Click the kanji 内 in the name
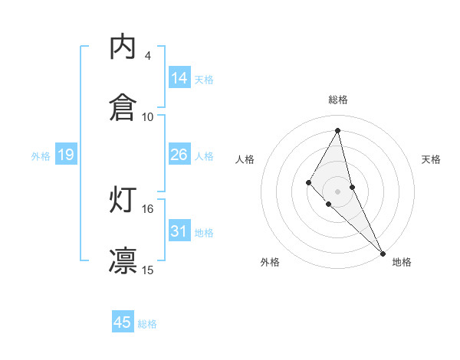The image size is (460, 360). click(x=123, y=47)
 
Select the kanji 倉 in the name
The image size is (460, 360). click(x=123, y=108)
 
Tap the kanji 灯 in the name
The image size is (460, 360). click(x=123, y=200)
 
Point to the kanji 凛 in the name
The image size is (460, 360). click(x=123, y=260)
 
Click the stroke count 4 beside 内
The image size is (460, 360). click(x=148, y=56)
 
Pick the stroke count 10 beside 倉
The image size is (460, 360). click(x=148, y=116)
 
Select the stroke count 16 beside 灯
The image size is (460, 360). click(x=148, y=208)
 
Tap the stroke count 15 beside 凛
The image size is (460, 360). click(x=148, y=270)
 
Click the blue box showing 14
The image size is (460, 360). click(x=179, y=78)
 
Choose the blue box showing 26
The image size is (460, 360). click(x=179, y=155)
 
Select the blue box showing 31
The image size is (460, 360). click(x=179, y=231)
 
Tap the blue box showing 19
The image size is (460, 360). click(x=66, y=155)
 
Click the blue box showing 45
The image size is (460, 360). click(x=123, y=322)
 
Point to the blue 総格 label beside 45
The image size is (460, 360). click(x=147, y=324)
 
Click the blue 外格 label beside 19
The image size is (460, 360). click(x=41, y=156)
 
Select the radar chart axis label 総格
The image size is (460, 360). click(x=338, y=100)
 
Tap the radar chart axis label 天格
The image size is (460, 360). click(x=431, y=159)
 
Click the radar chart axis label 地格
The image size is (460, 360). click(x=402, y=262)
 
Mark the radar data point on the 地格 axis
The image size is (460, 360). click(x=383, y=252)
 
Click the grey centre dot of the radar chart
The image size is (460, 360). click(x=337, y=191)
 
